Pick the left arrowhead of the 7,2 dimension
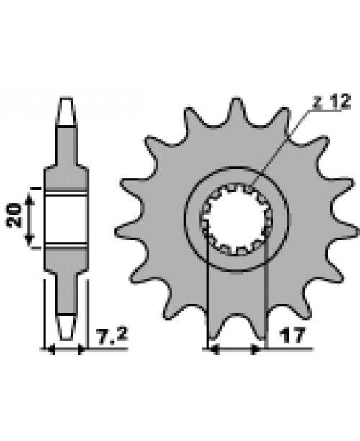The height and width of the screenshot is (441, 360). [50, 351]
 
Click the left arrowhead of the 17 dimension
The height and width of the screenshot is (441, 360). [212, 351]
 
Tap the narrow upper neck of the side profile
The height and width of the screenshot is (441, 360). [67, 144]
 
